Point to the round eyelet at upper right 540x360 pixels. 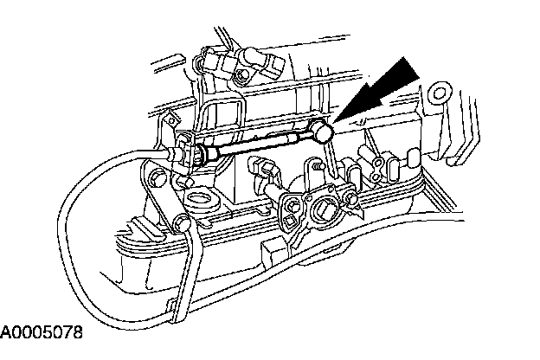(x=440, y=93)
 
